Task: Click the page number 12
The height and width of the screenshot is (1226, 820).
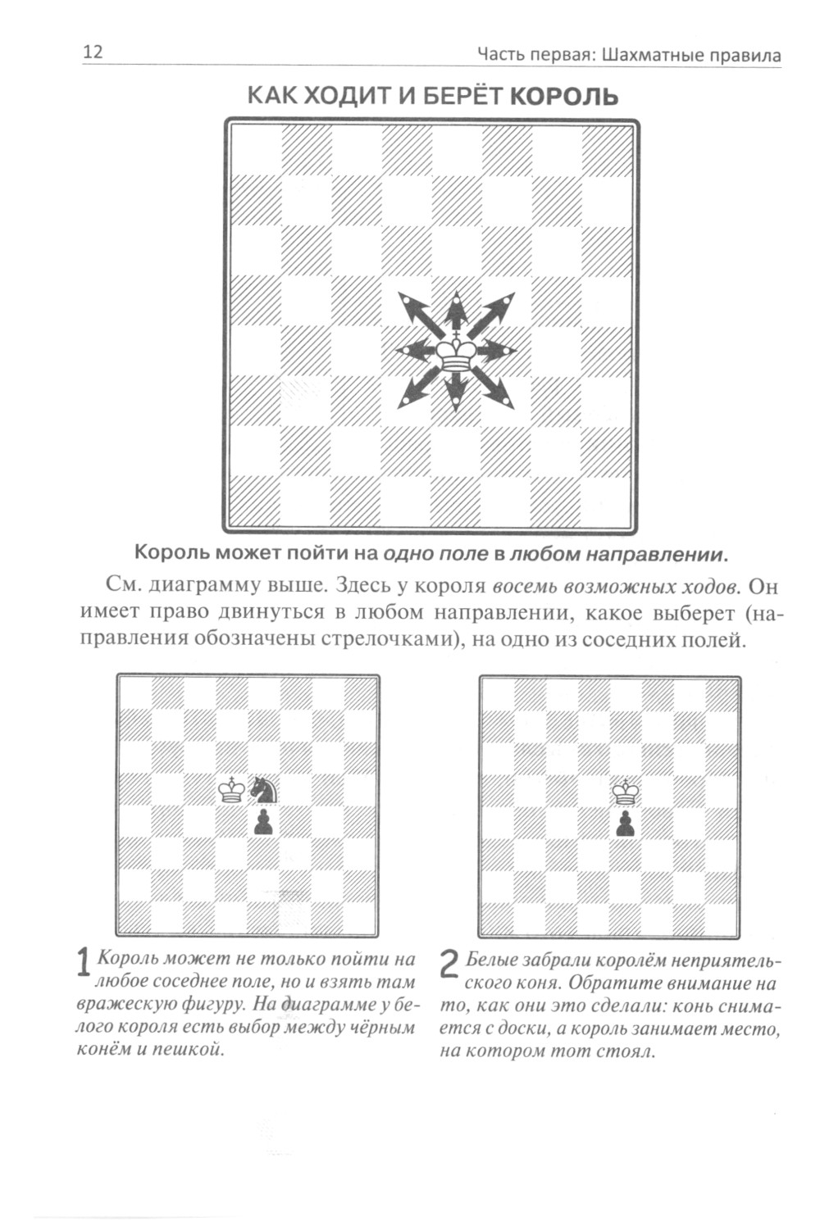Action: (92, 52)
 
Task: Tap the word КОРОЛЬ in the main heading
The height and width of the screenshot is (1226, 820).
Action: (564, 97)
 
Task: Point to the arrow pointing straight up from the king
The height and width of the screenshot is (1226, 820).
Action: (455, 309)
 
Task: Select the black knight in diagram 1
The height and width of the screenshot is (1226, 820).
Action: (264, 789)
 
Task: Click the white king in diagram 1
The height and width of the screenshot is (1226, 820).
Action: (232, 789)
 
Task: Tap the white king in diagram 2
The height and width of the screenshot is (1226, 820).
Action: (627, 792)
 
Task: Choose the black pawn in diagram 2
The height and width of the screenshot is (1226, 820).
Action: (626, 824)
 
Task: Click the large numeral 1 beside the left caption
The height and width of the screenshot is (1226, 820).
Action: (83, 964)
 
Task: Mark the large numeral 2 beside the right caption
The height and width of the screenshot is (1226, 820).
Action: (449, 965)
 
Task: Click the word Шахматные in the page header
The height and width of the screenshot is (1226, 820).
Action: (647, 56)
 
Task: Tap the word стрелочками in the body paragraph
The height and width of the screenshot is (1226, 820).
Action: (392, 639)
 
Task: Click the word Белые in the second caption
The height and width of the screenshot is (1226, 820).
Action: (491, 960)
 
